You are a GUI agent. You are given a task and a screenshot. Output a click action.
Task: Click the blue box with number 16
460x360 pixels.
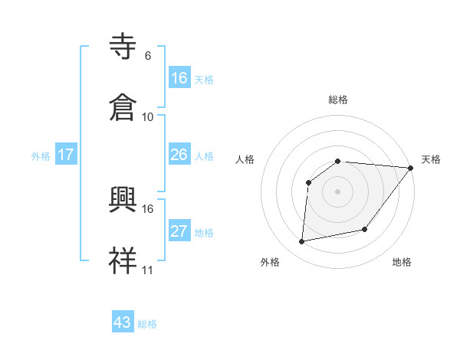tap(179, 78)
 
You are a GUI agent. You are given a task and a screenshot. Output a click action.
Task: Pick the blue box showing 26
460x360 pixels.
tap(179, 155)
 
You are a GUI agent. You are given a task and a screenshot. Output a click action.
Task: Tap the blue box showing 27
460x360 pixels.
tap(179, 231)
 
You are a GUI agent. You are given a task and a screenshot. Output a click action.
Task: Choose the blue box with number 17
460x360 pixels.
tap(66, 155)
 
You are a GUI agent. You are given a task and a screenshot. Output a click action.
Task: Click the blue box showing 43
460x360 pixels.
tap(123, 322)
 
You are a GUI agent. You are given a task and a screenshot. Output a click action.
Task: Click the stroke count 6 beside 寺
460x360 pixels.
tap(148, 55)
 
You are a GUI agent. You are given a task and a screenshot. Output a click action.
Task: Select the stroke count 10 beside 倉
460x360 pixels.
tap(148, 116)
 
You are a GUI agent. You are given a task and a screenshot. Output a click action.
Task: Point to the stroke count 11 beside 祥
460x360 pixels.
tap(148, 270)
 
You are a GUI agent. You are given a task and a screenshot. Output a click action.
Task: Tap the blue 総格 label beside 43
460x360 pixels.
tap(147, 324)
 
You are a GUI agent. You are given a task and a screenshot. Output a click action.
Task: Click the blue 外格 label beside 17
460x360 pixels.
tap(41, 156)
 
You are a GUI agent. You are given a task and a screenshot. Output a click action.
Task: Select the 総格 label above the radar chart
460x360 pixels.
tap(337, 100)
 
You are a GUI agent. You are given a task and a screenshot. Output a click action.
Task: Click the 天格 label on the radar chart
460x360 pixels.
tap(431, 159)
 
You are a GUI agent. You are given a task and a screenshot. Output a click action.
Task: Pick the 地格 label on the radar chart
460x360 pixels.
tap(402, 262)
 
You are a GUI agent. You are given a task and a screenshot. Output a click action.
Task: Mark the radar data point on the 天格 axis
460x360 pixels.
tap(411, 168)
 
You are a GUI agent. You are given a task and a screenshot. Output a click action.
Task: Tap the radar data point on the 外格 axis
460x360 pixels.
tap(302, 242)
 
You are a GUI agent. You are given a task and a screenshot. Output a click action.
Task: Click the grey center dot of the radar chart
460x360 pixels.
tap(337, 191)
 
